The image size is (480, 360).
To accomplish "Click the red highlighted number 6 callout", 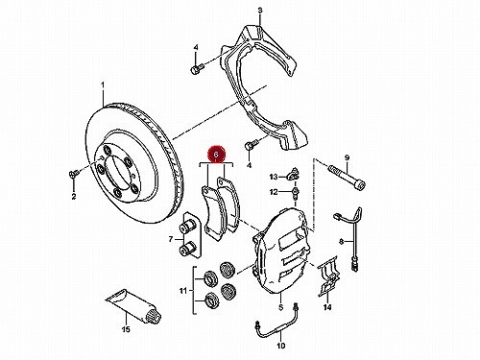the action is (216, 155).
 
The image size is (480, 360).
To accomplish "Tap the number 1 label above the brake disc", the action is (103, 85).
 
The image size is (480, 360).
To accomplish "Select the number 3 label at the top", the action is (260, 11).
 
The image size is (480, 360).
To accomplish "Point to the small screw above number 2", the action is (74, 174).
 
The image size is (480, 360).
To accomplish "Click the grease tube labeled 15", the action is (133, 305).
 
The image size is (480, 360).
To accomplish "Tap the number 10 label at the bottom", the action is (280, 346).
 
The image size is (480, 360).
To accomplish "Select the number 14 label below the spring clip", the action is (327, 307).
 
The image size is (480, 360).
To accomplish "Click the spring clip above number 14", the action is (327, 276).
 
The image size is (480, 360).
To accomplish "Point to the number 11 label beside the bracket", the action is (182, 291).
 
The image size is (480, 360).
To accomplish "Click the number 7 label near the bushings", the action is (171, 239).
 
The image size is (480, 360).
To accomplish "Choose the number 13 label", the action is (274, 177).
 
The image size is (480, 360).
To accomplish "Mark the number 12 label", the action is (274, 192).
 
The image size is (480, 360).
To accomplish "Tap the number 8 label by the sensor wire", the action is (342, 242).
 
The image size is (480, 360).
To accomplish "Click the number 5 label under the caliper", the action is (280, 307).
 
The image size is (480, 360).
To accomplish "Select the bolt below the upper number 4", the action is (197, 69).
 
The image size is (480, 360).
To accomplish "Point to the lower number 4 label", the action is (250, 165).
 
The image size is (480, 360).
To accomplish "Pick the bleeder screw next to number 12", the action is (295, 194).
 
